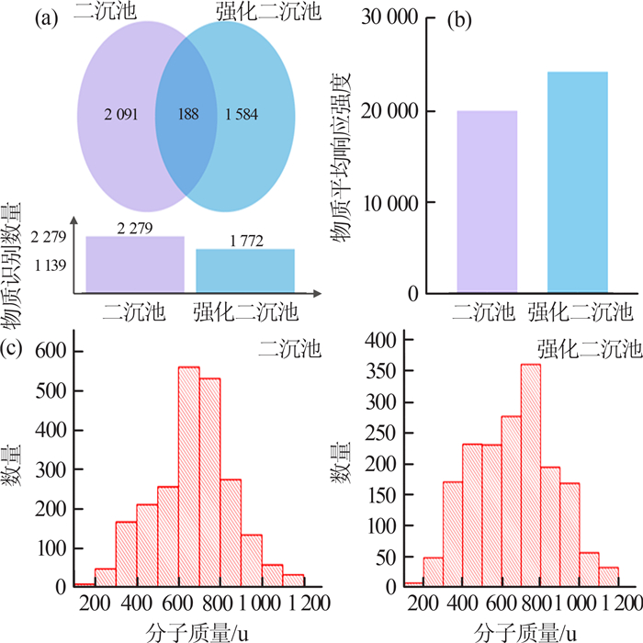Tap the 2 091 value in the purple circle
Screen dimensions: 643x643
click(124, 116)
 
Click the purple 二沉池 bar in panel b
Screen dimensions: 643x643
click(487, 202)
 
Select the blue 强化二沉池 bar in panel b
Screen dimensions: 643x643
click(577, 183)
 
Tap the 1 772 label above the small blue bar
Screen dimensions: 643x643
click(245, 241)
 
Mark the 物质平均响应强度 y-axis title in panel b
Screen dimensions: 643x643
click(348, 157)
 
